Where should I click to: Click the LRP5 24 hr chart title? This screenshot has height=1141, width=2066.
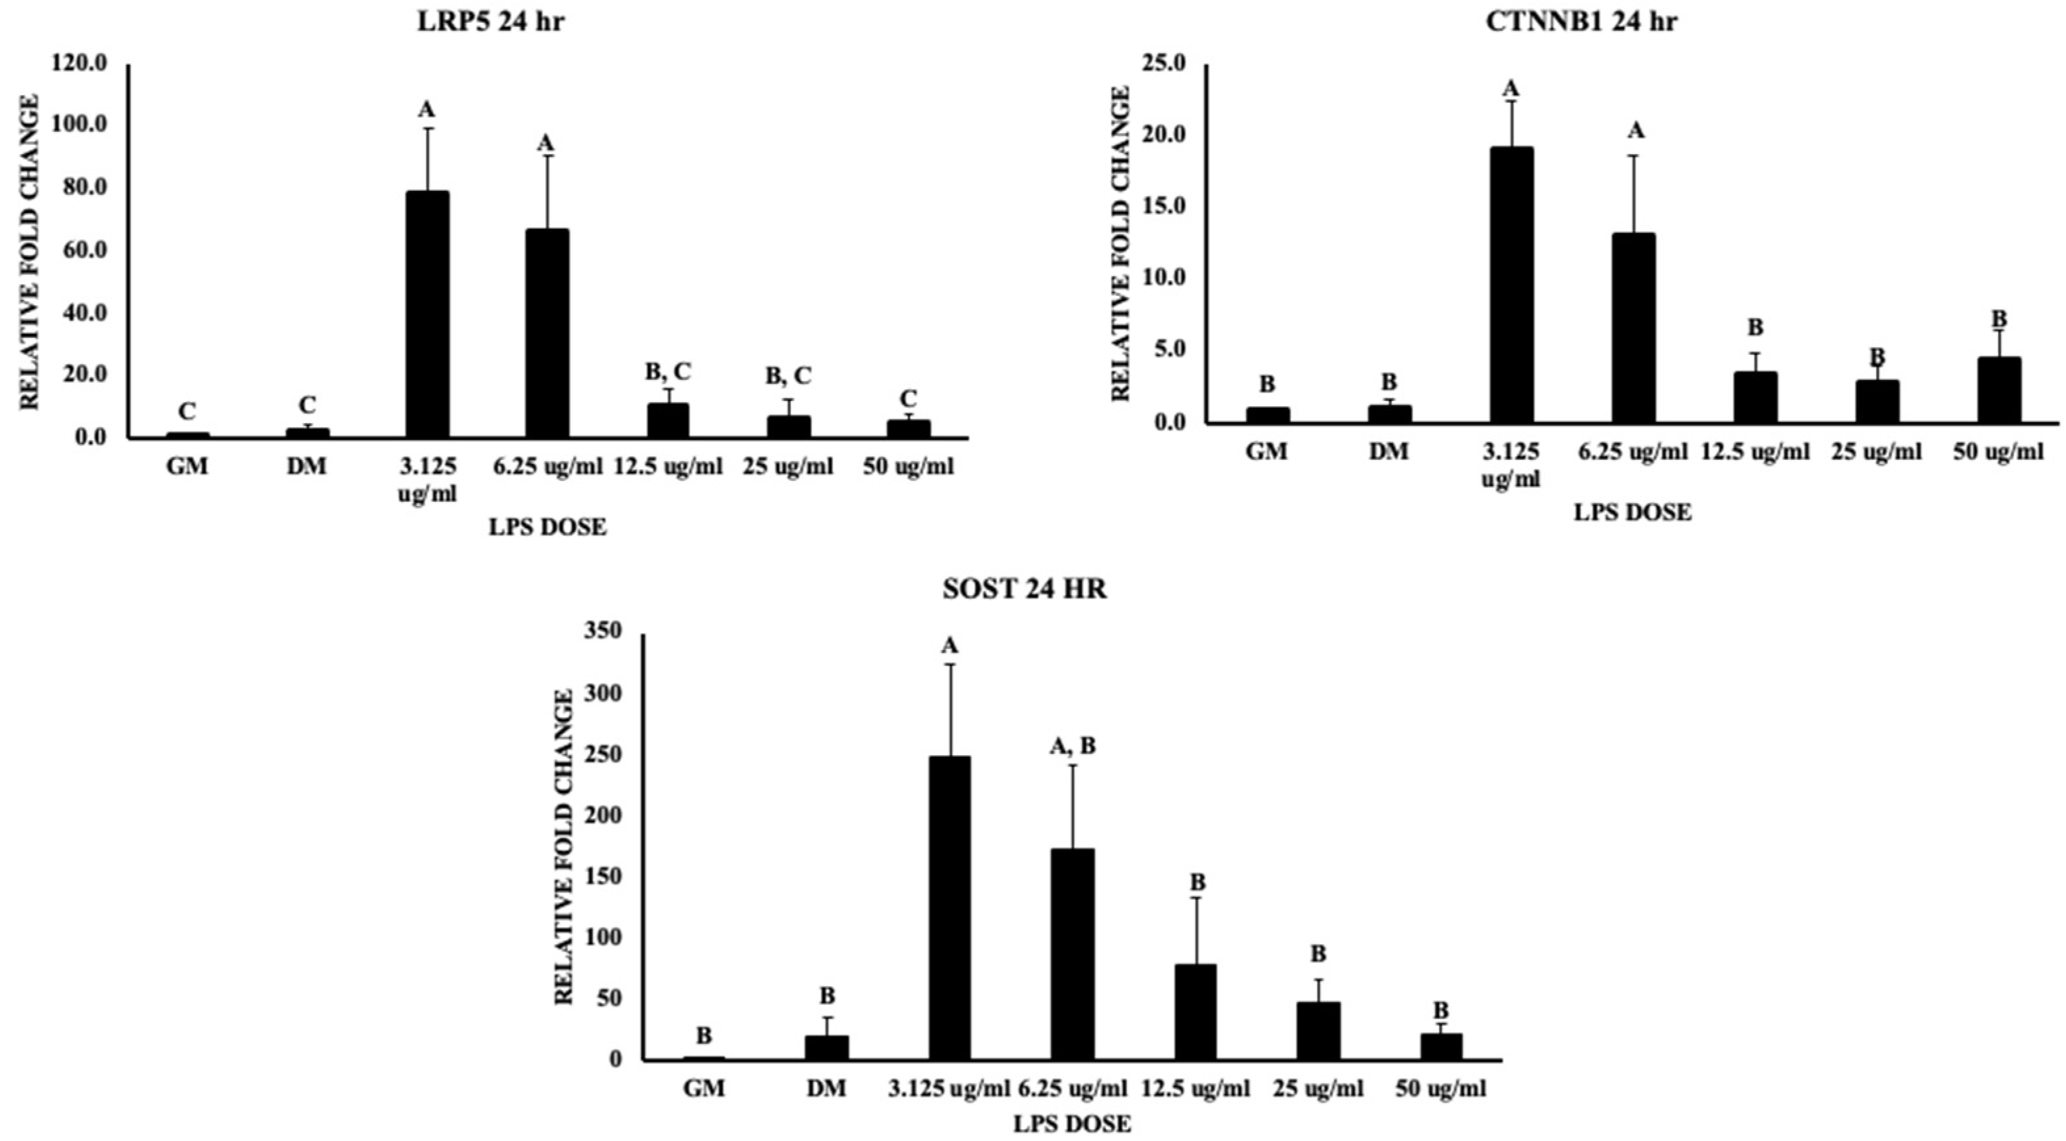[x=490, y=22]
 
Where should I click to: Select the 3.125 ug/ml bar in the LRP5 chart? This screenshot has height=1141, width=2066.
[x=426, y=314]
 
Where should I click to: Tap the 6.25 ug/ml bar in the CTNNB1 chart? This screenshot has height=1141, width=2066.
[x=1633, y=327]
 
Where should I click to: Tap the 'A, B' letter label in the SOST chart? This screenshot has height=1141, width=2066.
[x=1072, y=747]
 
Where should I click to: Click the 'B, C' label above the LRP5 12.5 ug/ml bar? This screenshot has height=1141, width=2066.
[x=667, y=371]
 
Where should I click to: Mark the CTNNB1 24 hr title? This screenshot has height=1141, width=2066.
[x=1580, y=22]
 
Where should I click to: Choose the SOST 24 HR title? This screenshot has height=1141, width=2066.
[x=1024, y=589]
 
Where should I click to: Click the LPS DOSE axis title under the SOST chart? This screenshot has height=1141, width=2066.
[x=1071, y=1124]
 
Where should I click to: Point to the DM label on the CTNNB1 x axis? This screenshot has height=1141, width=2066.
[x=1388, y=452]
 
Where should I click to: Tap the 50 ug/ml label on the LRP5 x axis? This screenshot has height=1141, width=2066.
[x=908, y=466]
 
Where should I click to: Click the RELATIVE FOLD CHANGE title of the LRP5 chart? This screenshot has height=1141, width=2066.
[x=30, y=252]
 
